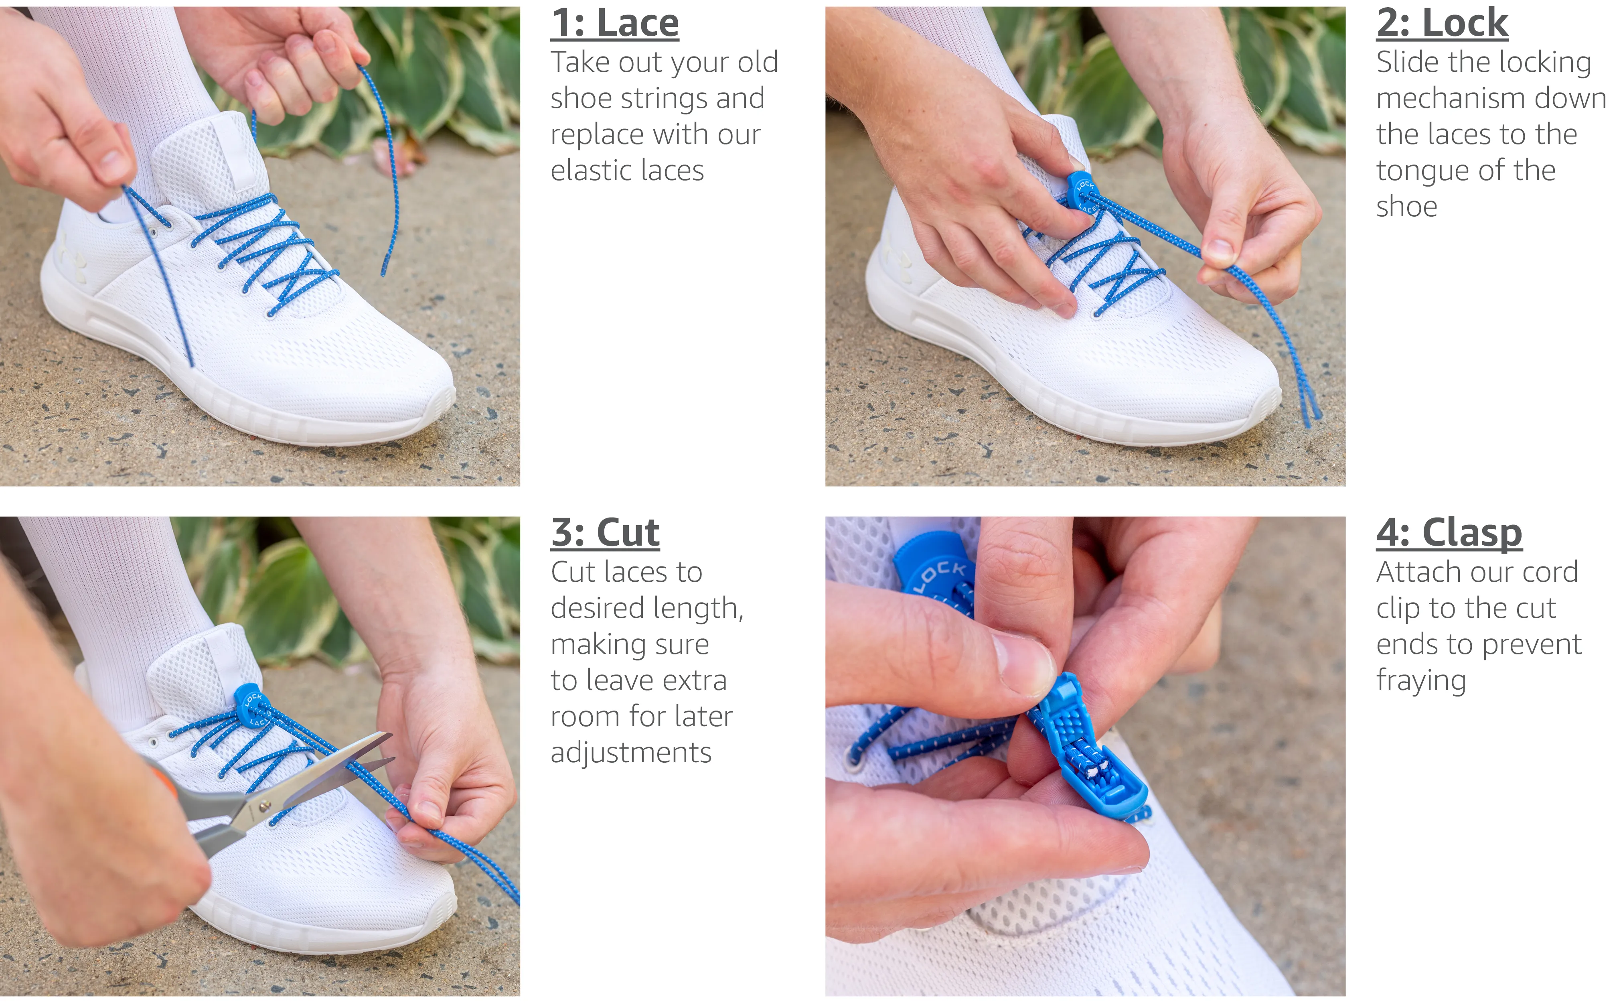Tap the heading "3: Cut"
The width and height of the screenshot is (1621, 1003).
pos(605,533)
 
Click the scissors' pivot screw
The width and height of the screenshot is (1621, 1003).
pos(265,806)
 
